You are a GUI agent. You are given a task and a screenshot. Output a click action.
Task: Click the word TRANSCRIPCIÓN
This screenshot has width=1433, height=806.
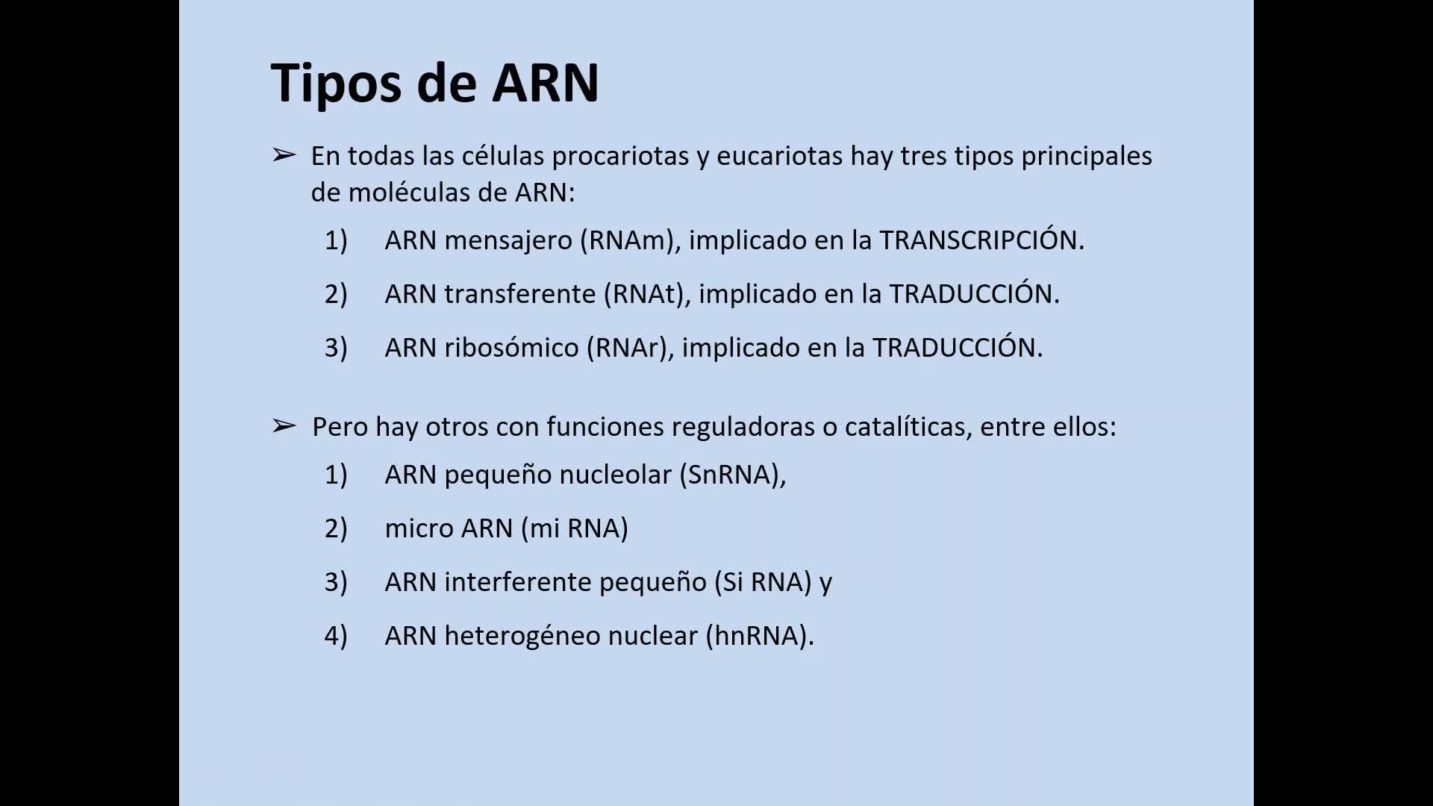981,240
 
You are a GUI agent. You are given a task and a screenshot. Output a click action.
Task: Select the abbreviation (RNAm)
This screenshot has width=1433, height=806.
631,240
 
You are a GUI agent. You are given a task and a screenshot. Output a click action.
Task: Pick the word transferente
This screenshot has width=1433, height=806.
520,294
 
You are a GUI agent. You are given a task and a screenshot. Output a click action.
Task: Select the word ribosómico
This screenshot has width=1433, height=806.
512,348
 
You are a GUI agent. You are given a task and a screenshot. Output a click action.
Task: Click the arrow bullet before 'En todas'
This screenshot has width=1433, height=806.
284,154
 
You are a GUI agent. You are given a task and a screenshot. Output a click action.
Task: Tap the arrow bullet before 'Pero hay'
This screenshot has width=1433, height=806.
284,426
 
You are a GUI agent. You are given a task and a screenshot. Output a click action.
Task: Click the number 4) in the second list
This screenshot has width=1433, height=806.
336,636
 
